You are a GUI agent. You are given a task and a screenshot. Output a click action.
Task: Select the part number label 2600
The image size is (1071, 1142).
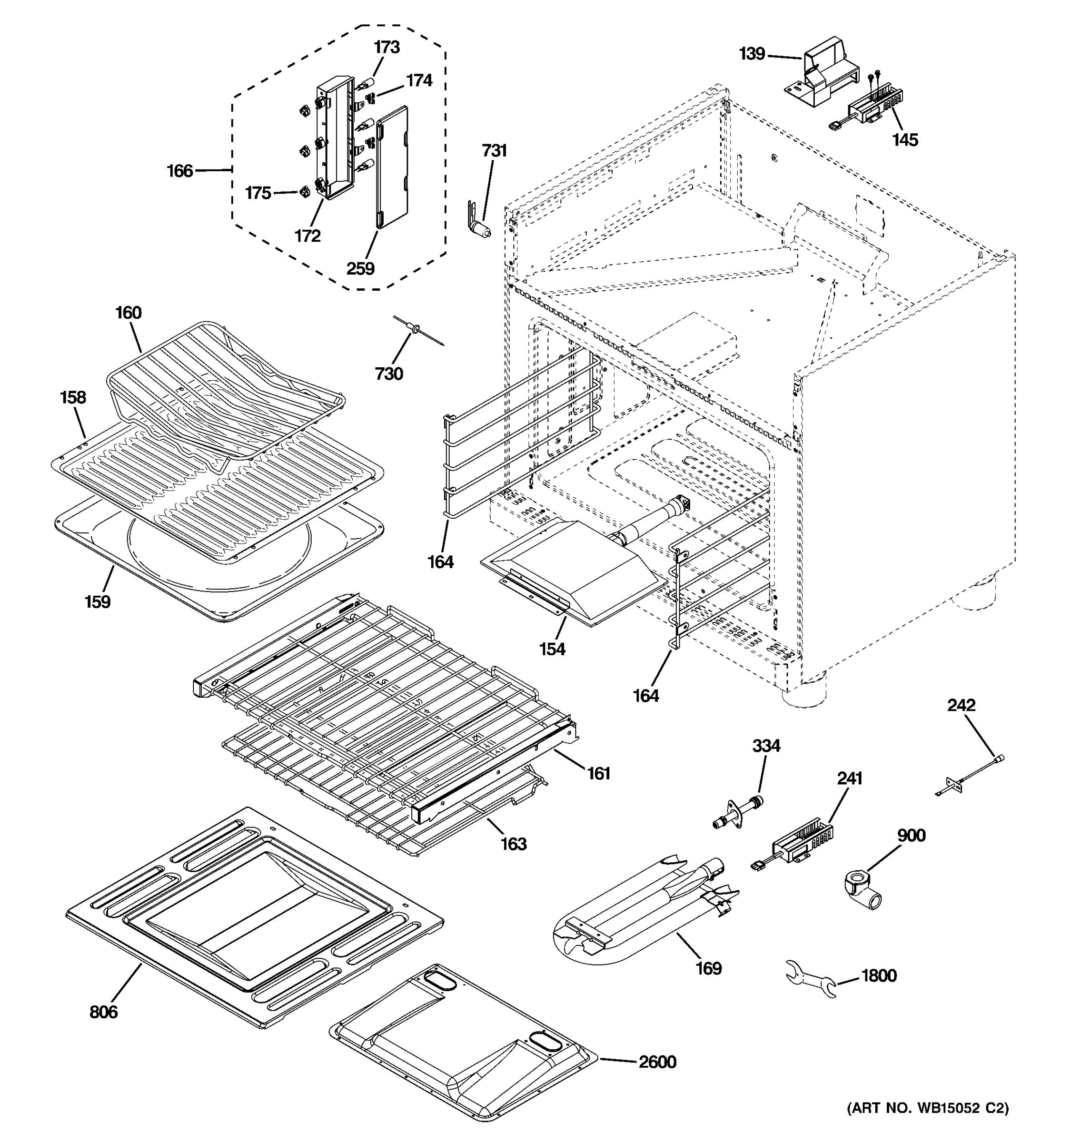coord(657,1062)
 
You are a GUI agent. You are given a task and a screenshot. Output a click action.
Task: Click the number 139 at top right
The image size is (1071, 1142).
coord(752,54)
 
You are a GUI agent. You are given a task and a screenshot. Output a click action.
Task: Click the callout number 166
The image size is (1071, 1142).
coord(180,171)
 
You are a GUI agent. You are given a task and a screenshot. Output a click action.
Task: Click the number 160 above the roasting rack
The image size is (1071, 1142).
coord(128,313)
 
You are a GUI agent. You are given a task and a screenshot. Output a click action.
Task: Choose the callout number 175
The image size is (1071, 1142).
coord(258,193)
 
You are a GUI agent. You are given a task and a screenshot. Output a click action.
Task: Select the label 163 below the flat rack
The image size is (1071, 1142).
coord(513,844)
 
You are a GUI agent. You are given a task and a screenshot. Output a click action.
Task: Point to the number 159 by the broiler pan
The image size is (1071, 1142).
coord(97,601)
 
